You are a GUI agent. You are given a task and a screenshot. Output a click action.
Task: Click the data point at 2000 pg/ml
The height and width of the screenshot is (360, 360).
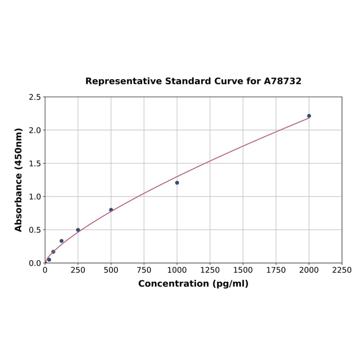click(x=309, y=116)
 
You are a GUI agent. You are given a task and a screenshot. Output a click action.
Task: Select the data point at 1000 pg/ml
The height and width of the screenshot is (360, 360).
click(x=177, y=183)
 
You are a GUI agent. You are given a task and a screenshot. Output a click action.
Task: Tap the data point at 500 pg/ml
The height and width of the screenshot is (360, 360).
click(x=111, y=210)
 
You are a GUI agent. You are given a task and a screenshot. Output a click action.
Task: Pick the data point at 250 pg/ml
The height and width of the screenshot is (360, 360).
click(x=78, y=230)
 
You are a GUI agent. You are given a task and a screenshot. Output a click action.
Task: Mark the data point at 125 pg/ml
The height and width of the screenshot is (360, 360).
click(x=62, y=241)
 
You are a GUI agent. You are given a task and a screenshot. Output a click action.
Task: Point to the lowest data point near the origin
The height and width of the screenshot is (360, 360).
click(x=49, y=260)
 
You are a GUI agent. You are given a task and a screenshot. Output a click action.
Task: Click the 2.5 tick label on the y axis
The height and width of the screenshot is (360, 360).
click(x=34, y=97)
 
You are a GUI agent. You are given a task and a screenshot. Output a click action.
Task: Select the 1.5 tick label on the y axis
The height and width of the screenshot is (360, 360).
click(x=34, y=164)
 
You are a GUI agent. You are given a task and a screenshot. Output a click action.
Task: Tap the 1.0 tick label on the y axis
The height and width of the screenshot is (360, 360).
click(x=34, y=196)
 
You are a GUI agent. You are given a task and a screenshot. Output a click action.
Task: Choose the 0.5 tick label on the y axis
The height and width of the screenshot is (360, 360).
click(x=34, y=230)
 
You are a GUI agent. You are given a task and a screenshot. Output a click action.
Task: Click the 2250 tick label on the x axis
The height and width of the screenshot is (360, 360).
click(x=342, y=270)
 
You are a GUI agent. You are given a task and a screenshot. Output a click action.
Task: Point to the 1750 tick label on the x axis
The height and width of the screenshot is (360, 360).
click(x=276, y=270)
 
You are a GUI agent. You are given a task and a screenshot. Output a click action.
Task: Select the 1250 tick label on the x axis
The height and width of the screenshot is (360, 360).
click(x=210, y=270)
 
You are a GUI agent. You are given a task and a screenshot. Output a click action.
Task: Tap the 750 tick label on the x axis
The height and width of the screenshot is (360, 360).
click(x=144, y=270)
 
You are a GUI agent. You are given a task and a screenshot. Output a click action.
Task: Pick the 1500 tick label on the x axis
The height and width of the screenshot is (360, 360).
click(x=243, y=270)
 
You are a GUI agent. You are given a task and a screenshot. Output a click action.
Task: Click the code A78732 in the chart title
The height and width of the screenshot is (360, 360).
click(x=282, y=82)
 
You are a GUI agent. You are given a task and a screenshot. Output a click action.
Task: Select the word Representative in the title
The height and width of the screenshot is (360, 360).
click(x=124, y=82)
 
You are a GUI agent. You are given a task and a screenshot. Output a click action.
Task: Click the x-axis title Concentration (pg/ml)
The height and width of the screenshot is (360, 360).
click(x=193, y=284)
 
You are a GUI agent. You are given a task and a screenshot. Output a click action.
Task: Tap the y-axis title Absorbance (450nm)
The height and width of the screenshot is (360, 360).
click(x=19, y=180)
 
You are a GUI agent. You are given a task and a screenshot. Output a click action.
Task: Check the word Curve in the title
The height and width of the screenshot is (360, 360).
click(x=228, y=82)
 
